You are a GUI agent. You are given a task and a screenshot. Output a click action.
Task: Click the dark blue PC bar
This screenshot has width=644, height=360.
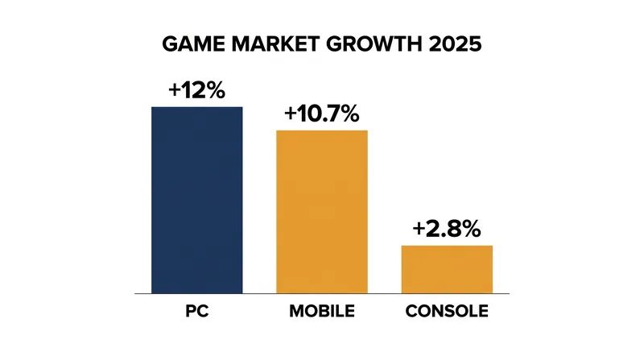pyautogui.click(x=197, y=201)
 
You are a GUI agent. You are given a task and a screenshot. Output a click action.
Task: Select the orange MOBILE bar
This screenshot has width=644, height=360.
pyautogui.click(x=322, y=212)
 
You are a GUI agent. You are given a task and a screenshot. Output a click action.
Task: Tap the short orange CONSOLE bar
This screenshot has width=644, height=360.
pyautogui.click(x=447, y=270)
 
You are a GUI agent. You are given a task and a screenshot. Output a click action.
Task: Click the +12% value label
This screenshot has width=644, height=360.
pyautogui.click(x=196, y=90)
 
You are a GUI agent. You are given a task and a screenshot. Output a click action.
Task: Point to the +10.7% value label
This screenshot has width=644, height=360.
pyautogui.click(x=322, y=114)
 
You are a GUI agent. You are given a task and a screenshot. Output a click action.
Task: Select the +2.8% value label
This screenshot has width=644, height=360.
pyautogui.click(x=447, y=229)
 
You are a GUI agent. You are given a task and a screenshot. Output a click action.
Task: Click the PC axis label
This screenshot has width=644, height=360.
pyautogui.click(x=197, y=311)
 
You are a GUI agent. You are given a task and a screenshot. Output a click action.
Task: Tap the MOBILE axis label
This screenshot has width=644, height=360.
pyautogui.click(x=322, y=311)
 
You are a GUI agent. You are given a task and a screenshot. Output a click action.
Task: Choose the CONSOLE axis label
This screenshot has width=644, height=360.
pyautogui.click(x=447, y=311)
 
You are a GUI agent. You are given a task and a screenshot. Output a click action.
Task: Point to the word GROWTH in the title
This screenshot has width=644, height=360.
pyautogui.click(x=374, y=44)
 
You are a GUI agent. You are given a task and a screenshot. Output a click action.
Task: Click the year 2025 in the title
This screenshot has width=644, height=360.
pyautogui.click(x=455, y=44)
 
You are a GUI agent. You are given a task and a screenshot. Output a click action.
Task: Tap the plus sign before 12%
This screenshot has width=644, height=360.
pyautogui.click(x=175, y=90)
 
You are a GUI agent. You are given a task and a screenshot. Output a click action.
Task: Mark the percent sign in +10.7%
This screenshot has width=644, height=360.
pyautogui.click(x=349, y=114)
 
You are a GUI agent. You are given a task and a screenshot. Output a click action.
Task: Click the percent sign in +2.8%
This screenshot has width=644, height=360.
pyautogui.click(x=471, y=229)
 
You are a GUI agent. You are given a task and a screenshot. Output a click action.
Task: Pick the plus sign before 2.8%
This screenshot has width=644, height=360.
pyautogui.click(x=419, y=229)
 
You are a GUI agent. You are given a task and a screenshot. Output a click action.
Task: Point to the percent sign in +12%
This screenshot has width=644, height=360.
pyautogui.click(x=215, y=90)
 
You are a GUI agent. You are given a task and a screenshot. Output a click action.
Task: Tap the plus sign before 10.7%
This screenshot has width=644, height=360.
pyautogui.click(x=291, y=114)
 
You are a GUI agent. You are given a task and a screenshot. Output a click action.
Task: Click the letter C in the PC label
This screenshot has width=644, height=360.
pyautogui.click(x=203, y=311)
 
